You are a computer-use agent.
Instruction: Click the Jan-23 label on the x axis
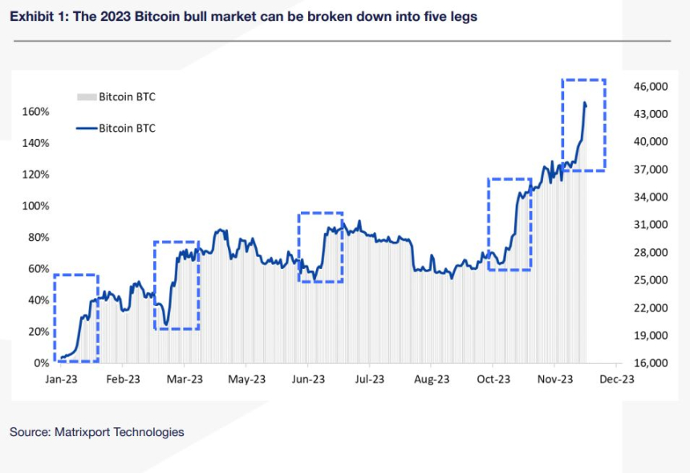(60, 379)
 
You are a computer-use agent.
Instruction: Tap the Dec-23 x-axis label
(616, 379)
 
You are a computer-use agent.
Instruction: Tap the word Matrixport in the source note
(85, 432)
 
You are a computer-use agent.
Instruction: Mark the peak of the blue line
(585, 103)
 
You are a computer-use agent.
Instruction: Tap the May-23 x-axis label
(246, 379)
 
